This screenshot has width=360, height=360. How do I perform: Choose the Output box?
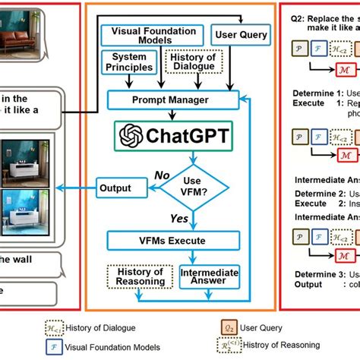pos(115,188)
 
